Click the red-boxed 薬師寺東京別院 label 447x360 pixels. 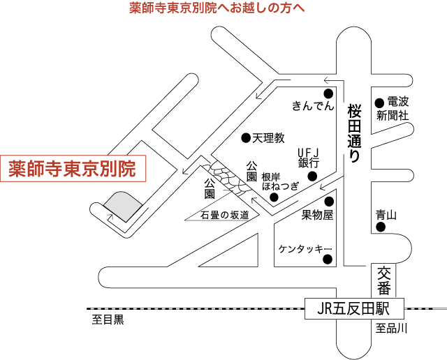tap(73, 169)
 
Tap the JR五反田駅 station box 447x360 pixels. tap(354, 308)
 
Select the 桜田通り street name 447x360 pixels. tap(354, 133)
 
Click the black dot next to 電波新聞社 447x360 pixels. tap(379, 103)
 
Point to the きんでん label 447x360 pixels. tap(313, 106)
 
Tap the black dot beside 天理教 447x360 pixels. tap(246, 138)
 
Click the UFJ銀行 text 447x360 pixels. tap(309, 158)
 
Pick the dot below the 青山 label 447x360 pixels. tap(381, 227)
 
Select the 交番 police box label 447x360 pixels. tap(384, 280)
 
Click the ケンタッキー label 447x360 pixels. tap(305, 249)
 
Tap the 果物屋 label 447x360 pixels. tap(317, 215)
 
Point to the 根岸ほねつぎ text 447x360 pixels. tap(281, 181)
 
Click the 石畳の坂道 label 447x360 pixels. tap(225, 215)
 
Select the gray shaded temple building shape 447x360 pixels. tap(123, 206)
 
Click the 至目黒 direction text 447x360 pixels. tap(108, 320)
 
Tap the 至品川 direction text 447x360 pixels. tap(391, 328)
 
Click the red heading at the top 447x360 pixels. tap(217, 8)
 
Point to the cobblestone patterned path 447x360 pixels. tap(230, 179)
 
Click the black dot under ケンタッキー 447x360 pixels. tap(328, 259)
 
